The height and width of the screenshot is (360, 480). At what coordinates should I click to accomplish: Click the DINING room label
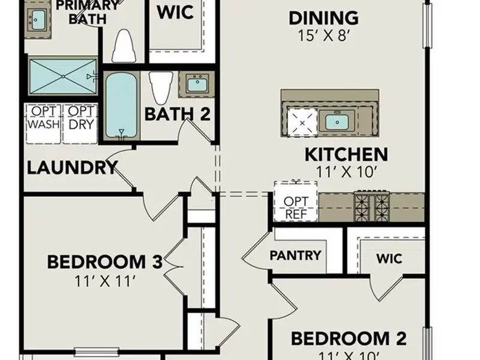323,17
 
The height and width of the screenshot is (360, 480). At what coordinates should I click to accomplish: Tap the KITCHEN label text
346,154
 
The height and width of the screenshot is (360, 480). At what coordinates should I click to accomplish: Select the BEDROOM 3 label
104,262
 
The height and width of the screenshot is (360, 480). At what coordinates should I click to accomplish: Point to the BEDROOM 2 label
349,338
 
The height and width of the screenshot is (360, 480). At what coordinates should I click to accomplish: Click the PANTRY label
295,256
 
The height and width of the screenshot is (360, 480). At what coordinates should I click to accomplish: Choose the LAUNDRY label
71,167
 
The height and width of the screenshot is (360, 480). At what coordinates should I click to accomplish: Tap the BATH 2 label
178,113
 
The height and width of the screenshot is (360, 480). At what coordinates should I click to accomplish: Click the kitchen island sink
337,122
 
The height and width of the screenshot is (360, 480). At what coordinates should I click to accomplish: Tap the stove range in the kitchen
371,207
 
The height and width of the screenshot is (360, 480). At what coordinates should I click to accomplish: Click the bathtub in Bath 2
122,106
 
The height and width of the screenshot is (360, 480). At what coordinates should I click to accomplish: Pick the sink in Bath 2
196,84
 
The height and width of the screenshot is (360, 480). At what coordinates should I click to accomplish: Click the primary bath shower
62,76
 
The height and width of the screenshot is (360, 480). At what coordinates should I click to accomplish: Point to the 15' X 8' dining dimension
323,35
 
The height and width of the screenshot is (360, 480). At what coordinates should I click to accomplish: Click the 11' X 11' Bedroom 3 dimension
104,280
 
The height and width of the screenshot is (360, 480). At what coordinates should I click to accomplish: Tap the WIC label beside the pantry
389,259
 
